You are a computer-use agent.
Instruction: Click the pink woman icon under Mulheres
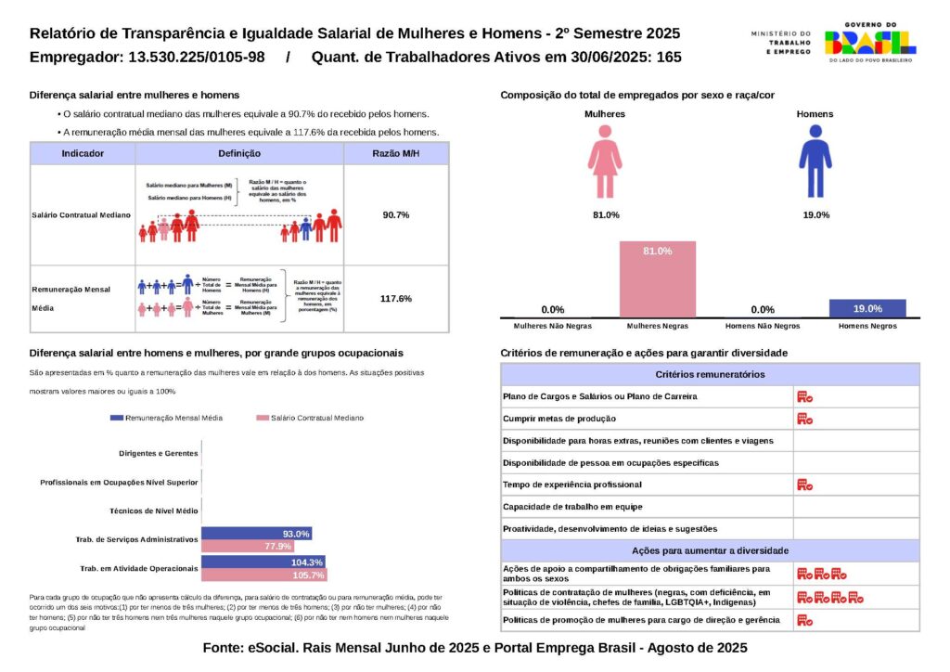point(605,163)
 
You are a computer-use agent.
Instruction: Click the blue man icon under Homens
point(815,163)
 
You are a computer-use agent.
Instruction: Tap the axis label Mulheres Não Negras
point(552,327)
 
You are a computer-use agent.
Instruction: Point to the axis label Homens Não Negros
point(763,327)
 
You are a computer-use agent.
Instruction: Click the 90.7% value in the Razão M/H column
point(396,214)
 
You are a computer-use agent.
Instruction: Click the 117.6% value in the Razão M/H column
point(396,299)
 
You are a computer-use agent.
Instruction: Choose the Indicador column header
point(83,154)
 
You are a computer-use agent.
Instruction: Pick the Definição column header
point(239,154)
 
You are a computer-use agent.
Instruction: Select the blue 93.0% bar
point(256,534)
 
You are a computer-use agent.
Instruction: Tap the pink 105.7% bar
point(263,575)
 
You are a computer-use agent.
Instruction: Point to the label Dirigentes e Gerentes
point(159,454)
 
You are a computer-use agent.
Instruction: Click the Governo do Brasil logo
point(869,42)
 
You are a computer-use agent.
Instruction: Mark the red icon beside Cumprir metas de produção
point(804,419)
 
